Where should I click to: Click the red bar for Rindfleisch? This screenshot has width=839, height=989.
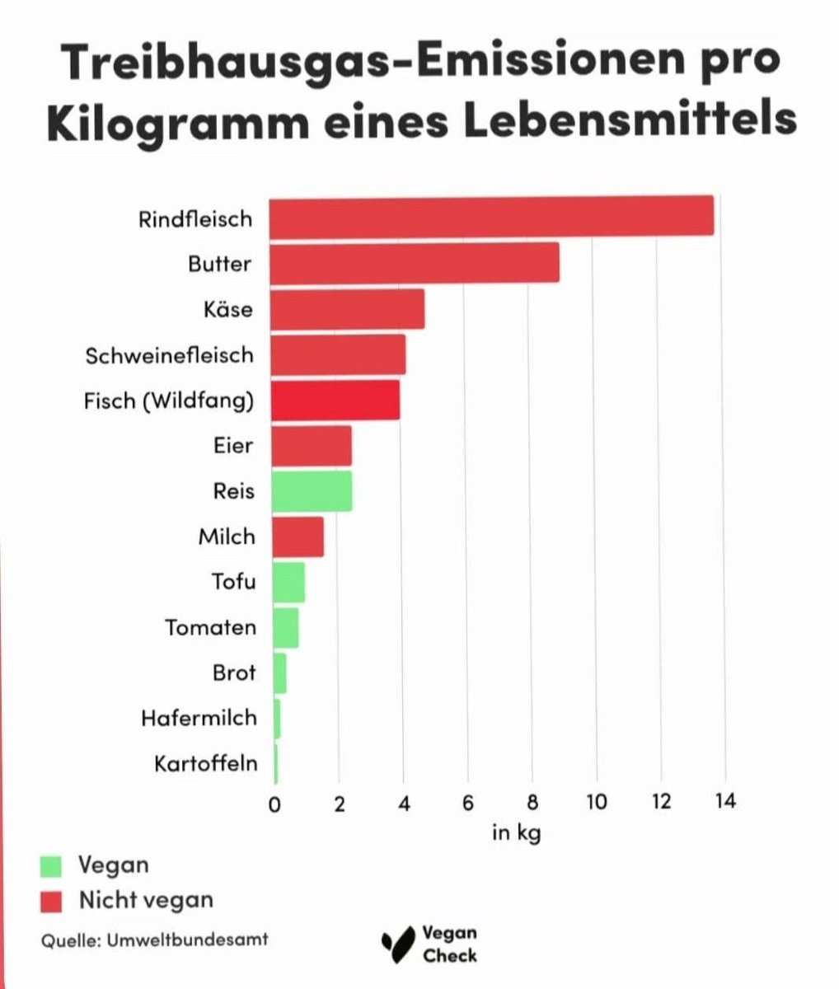coord(492,216)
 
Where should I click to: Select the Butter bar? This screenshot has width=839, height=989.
coord(415,263)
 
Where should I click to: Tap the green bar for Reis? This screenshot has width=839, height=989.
coord(312,491)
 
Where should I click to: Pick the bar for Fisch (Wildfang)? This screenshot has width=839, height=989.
coord(335,401)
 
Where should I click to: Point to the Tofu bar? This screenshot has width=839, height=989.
coord(288,582)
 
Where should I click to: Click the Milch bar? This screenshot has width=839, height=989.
coord(298,537)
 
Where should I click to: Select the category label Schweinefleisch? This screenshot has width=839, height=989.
coord(170,355)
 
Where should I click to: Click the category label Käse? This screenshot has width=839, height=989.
coord(228,310)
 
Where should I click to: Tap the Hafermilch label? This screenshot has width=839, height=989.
coord(199,718)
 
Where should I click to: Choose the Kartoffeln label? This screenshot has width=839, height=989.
coord(205,763)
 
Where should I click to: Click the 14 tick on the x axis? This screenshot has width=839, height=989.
coord(724,802)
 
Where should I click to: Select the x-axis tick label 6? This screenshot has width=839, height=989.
coord(467,802)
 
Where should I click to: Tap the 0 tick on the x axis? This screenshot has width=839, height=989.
coord(275,804)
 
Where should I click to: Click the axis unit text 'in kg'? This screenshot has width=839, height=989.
coord(516,832)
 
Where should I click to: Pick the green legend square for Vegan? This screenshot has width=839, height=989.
coord(51,866)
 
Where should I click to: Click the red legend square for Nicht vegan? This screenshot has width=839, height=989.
coord(51,901)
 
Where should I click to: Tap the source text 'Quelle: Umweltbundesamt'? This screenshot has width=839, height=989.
coord(154,940)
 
